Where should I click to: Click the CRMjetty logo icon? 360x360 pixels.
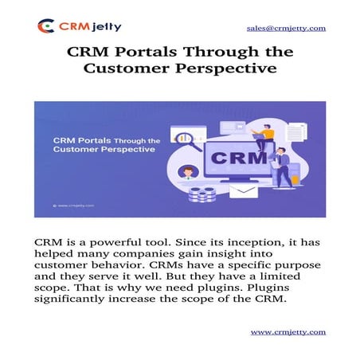[x=46, y=26]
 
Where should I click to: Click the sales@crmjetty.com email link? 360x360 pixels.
[x=285, y=28]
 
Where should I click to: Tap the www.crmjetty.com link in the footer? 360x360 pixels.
[x=288, y=331]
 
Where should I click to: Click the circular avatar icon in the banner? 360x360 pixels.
[x=187, y=171]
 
